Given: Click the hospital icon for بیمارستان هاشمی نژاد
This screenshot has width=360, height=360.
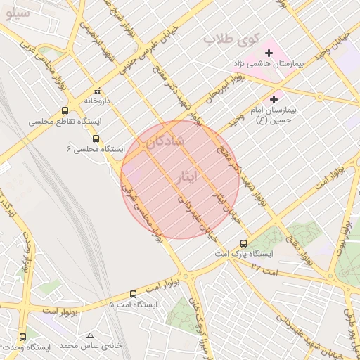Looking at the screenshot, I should (268, 53).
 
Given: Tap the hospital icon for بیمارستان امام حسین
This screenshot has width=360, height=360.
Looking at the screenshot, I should (274, 100).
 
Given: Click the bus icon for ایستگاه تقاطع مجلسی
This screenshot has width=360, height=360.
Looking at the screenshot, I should (65, 110).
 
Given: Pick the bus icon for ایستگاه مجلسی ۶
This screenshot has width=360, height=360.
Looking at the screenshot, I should (96, 138).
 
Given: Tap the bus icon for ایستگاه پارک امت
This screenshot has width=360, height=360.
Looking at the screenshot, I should (243, 243).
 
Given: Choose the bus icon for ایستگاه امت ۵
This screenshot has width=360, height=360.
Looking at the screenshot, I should (134, 294).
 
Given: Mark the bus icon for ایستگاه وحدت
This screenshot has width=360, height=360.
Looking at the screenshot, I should (23, 337).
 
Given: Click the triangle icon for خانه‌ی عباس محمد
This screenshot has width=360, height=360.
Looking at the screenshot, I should (89, 335).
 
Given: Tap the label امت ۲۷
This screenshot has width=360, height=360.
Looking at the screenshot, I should (265, 269).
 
